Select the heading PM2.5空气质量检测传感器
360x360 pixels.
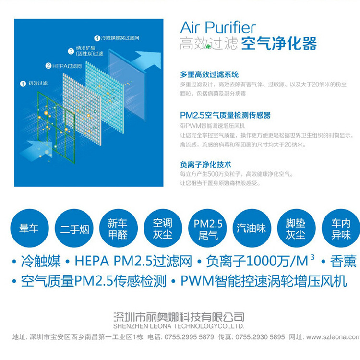click(x=225, y=115)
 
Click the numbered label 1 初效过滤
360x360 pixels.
click(x=35, y=83)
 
